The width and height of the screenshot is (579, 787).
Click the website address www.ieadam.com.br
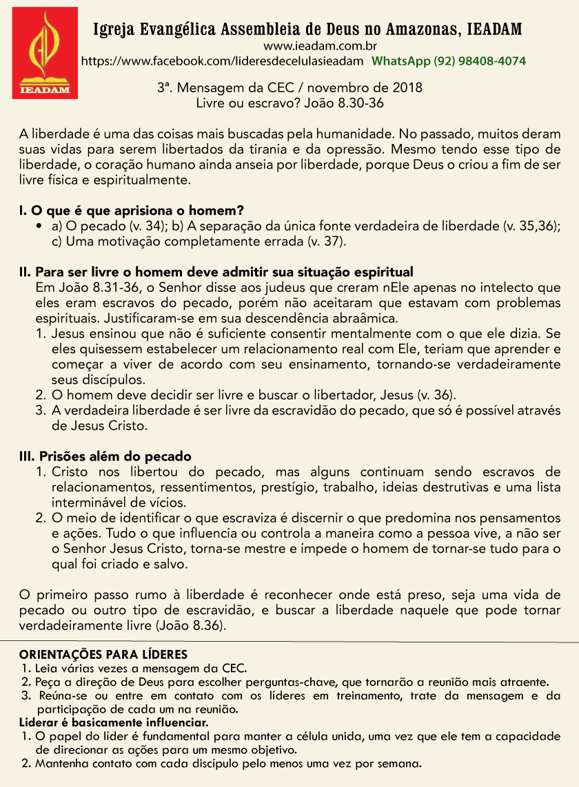[307, 46]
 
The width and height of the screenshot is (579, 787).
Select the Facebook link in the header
[222, 61]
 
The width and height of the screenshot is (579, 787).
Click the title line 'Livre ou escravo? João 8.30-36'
[289, 103]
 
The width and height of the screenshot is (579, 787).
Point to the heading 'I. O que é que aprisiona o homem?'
[132, 210]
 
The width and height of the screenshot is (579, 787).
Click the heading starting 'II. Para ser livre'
[215, 271]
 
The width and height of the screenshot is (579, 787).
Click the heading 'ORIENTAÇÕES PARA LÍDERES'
[103, 654]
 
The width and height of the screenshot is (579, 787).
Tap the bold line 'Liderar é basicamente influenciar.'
[113, 723]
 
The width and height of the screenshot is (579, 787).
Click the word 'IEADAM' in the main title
[494, 30]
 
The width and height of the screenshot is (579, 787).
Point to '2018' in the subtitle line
[407, 88]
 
